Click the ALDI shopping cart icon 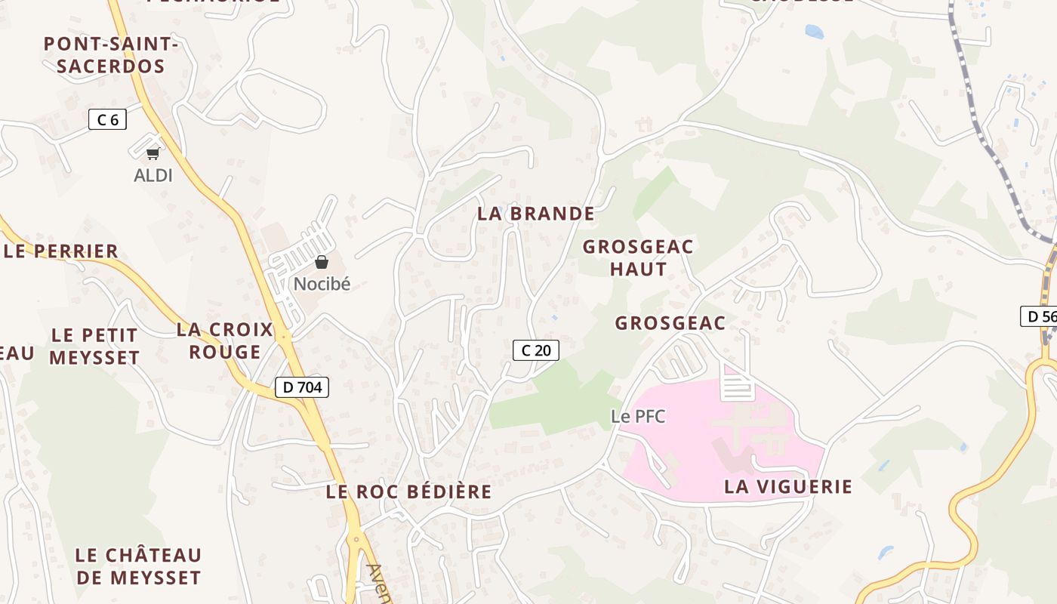153,153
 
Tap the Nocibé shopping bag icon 322,262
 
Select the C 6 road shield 107,119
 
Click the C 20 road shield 536,350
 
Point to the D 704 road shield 301,388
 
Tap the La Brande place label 536,214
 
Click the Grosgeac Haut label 638,257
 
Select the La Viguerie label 788,487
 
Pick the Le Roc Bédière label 408,492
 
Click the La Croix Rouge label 224,341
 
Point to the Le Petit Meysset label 94,346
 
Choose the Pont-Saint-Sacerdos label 110,55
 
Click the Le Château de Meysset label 138,566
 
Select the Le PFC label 638,416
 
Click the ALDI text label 153,176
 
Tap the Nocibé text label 322,285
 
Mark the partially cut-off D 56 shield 1039,316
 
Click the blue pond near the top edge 814,32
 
